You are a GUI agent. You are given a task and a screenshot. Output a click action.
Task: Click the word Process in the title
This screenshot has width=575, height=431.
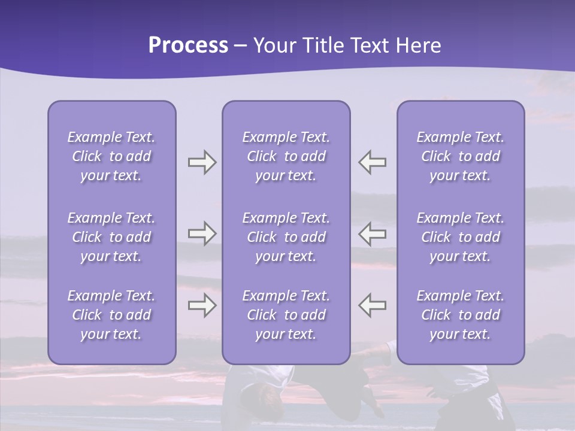point(188,45)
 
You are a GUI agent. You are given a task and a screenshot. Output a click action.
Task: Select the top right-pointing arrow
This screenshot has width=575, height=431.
point(202,162)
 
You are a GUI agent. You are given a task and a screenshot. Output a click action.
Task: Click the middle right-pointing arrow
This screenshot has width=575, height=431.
point(202,233)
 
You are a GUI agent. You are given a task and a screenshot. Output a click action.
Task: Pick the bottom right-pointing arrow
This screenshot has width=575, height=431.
point(202,305)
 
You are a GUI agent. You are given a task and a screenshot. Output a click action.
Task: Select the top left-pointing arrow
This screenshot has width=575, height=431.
point(373,162)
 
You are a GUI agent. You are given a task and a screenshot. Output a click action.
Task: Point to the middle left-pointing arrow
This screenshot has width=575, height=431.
point(373,233)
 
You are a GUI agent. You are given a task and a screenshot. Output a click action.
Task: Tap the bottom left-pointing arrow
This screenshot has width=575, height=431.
point(373,305)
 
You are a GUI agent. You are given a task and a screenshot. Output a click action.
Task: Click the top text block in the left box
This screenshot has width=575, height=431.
point(111,156)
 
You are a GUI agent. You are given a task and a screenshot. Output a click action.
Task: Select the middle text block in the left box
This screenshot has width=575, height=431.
point(111,237)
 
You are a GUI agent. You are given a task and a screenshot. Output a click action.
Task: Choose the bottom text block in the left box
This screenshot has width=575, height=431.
point(111,315)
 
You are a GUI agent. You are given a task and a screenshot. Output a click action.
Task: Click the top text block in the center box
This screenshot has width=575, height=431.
point(286,156)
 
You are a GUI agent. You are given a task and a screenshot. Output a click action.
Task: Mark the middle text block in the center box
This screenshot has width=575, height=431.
point(286,237)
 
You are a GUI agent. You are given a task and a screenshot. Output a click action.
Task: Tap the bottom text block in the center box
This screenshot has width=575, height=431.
point(286,315)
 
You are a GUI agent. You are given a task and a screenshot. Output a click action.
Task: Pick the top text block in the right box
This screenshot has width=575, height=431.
point(461,156)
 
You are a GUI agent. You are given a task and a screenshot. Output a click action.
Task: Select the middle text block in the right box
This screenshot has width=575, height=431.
point(461,237)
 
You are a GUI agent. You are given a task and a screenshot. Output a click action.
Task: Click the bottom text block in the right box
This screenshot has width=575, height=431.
point(461,315)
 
